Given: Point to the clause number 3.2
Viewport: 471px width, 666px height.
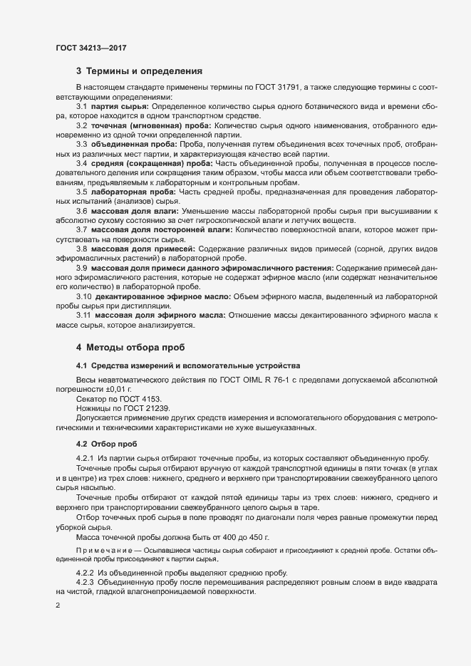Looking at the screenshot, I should point(82,125).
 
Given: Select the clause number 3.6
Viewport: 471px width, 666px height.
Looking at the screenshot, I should point(82,212).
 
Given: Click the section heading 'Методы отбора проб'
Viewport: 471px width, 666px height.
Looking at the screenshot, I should point(135,348).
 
